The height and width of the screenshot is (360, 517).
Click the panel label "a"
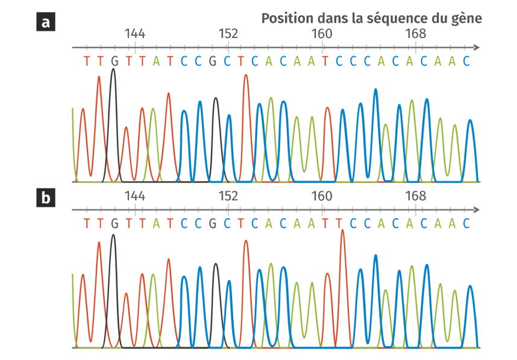tap(45, 22)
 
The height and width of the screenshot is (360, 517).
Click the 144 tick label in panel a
tap(134, 33)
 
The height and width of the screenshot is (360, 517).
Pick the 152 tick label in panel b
tap(228, 196)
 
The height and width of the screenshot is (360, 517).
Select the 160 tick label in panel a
tap(322, 33)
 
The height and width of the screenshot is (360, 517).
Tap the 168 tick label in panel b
tap(415, 196)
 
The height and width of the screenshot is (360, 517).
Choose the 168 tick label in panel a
tap(415, 33)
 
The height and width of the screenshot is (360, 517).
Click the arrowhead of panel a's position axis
tap(477, 47)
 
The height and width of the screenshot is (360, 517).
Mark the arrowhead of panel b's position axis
tap(477, 210)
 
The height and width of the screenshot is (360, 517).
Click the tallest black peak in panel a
tap(113, 70)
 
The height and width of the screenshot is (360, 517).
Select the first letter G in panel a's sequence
tap(114, 61)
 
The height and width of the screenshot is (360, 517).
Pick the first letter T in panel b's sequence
tap(86, 223)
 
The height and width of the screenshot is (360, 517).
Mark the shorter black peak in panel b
tap(215, 265)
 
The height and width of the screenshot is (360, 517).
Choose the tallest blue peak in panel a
tap(375, 90)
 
